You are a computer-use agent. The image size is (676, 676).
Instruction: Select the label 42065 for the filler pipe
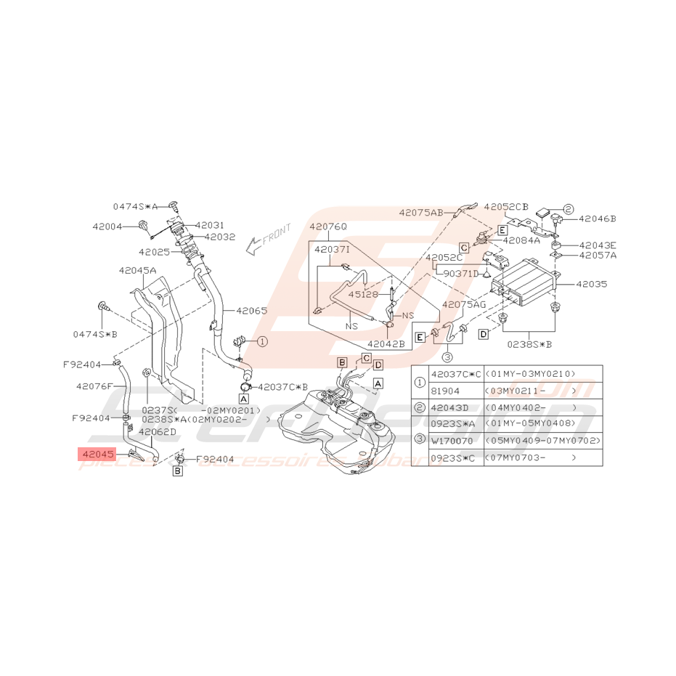pyautogui.click(x=251, y=311)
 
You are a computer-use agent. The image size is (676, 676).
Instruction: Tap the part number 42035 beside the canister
pyautogui.click(x=592, y=285)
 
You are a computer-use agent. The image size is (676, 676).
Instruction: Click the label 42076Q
pyautogui.click(x=328, y=227)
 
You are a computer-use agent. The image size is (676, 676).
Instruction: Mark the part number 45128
pyautogui.click(x=363, y=295)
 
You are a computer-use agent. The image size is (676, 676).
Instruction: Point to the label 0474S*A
pyautogui.click(x=135, y=206)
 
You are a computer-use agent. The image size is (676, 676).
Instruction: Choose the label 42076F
pyautogui.click(x=94, y=386)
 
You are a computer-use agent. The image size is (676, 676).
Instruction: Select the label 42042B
pyautogui.click(x=386, y=344)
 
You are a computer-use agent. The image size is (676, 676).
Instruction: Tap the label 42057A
pyautogui.click(x=597, y=255)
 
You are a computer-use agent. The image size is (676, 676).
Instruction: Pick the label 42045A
pyautogui.click(x=137, y=270)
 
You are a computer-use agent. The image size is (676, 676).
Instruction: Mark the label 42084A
pyautogui.click(x=521, y=240)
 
